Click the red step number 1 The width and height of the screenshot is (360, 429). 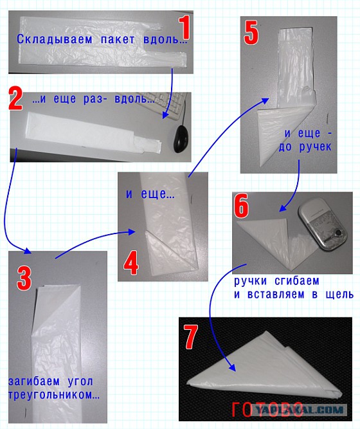point(184,28)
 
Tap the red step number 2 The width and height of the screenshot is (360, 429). point(15,98)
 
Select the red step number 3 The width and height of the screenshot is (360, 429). point(24,278)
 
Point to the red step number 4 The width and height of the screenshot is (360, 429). point(131,264)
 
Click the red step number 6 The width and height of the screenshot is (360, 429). point(241,206)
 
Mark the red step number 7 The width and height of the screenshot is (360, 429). point(191,337)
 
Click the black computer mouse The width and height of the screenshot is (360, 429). point(182,139)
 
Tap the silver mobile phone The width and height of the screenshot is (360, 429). point(322,226)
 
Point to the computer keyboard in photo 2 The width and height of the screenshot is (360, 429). point(164,105)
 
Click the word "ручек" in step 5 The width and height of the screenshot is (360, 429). point(315,147)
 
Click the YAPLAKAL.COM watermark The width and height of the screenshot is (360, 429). point(300,410)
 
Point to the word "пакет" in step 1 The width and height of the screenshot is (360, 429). point(118,39)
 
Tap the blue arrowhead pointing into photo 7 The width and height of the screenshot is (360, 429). point(232,367)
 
